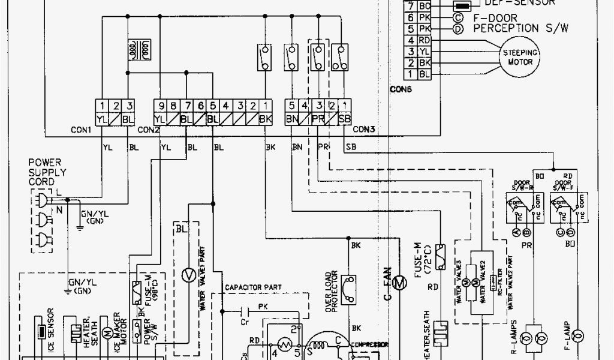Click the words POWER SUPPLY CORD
tap(47, 172)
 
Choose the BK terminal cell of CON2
tap(264, 118)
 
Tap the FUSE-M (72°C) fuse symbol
tap(441, 253)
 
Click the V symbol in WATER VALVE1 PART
tap(188, 274)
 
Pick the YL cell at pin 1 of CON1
tap(103, 118)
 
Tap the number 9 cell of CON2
tap(159, 106)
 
